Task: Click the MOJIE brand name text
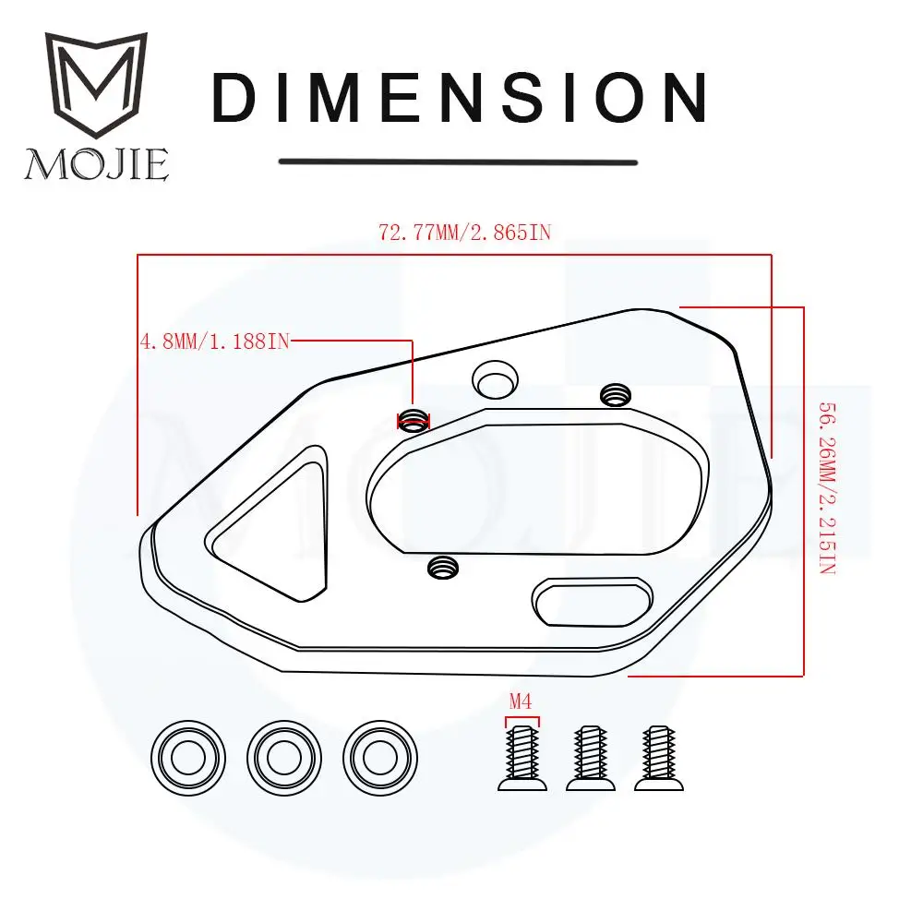coord(97,164)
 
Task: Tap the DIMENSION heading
coord(459,98)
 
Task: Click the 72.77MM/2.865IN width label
coord(464,233)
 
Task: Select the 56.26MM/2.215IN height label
coord(828,488)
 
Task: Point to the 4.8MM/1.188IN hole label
coord(215,342)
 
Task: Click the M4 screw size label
coord(521,701)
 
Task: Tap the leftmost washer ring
coord(187,758)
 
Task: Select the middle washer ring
coord(284,758)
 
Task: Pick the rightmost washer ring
coord(380,758)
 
